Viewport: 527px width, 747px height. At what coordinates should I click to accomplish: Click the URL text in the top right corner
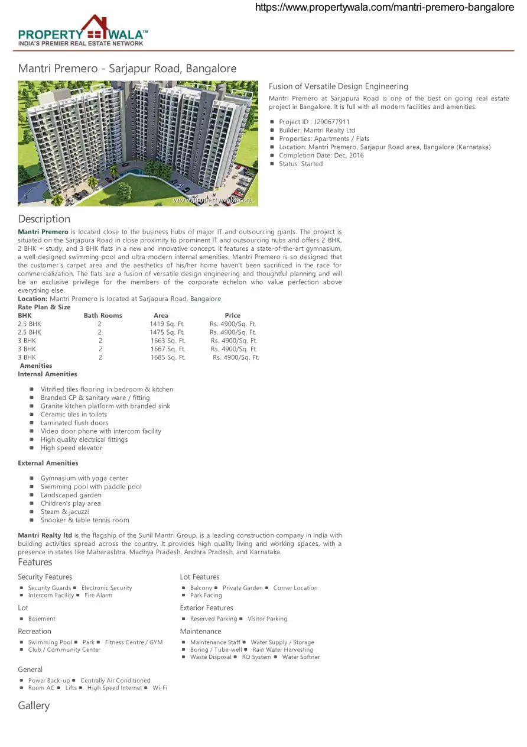tap(384, 8)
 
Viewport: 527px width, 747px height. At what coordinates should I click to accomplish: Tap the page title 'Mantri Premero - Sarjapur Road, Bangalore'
tap(127, 69)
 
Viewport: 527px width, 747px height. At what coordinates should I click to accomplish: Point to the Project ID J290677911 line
tap(314, 122)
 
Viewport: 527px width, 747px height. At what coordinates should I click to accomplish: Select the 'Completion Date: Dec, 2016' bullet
tap(321, 156)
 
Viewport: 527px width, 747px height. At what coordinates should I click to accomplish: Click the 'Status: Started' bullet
tap(301, 164)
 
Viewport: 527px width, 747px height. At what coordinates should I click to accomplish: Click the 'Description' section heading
tap(44, 219)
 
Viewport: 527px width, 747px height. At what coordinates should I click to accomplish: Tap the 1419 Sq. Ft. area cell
tap(167, 324)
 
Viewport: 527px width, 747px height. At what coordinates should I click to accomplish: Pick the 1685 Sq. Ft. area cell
tap(168, 357)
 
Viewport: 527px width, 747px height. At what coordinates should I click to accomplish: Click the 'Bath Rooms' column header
tap(103, 316)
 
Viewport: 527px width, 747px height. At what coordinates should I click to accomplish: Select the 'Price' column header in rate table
tap(232, 316)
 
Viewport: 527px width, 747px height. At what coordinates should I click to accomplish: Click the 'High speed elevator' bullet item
tap(71, 448)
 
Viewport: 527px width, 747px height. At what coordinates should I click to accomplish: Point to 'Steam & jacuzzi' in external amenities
tap(65, 512)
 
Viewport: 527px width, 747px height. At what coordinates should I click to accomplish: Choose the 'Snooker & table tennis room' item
tap(85, 520)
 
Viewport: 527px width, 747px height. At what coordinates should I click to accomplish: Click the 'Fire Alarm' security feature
tap(98, 595)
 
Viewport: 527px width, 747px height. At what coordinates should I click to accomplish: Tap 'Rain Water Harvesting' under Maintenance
tap(282, 649)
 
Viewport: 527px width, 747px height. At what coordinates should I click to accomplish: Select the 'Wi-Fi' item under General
tap(160, 688)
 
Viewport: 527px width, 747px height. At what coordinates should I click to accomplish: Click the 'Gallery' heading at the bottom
tap(34, 706)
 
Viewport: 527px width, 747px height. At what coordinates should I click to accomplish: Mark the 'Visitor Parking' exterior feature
tap(267, 619)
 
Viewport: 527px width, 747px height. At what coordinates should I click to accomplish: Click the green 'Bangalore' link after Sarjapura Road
tap(206, 299)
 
